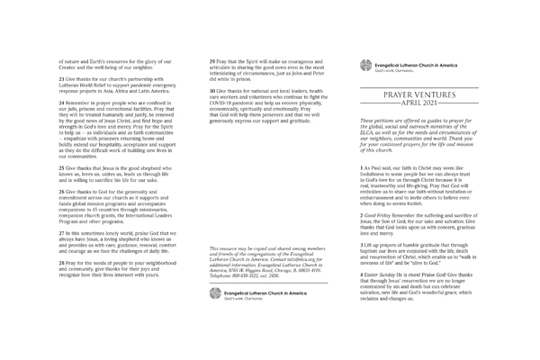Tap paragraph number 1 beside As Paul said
pyautogui.click(x=361, y=168)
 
